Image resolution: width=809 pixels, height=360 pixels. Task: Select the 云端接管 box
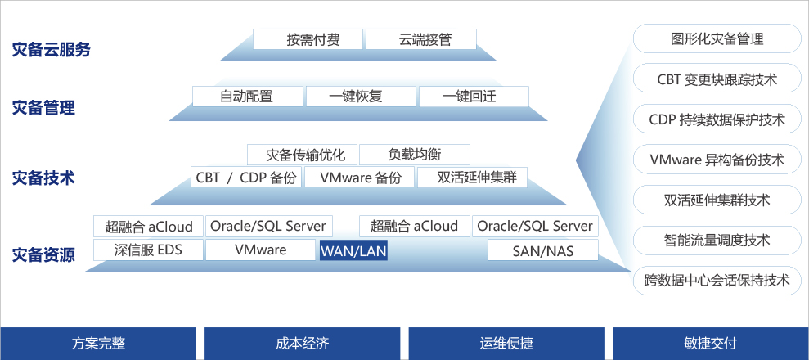coord(420,38)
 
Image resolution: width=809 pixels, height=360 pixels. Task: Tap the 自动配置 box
coord(247,96)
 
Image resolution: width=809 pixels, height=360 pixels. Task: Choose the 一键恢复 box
coord(360,96)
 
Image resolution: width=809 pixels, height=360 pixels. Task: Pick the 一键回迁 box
coord(474,96)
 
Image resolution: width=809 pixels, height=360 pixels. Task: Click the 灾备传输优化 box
coord(301,154)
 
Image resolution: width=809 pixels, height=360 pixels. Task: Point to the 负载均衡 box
coord(415,154)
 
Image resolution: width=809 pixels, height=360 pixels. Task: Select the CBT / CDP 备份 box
coord(246,178)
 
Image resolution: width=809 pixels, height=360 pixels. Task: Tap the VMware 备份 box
coord(360,178)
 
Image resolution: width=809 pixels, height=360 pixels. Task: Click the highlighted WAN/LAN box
coord(353,250)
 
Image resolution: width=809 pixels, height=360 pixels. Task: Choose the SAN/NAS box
coord(543,250)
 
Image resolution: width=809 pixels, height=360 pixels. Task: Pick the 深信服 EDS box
coord(148,250)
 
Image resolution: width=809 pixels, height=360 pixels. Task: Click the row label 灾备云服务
coord(51,50)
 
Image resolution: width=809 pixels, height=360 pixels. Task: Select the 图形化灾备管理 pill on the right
coord(717,38)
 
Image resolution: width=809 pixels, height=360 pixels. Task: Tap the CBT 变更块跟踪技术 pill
coord(717,79)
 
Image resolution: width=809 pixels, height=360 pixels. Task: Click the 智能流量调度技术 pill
coord(717,240)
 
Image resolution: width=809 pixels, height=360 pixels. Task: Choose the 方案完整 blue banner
coord(98,344)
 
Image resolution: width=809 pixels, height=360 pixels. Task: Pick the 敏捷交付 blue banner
coord(711,344)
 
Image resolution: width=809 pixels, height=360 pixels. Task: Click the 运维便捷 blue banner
coord(506,344)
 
